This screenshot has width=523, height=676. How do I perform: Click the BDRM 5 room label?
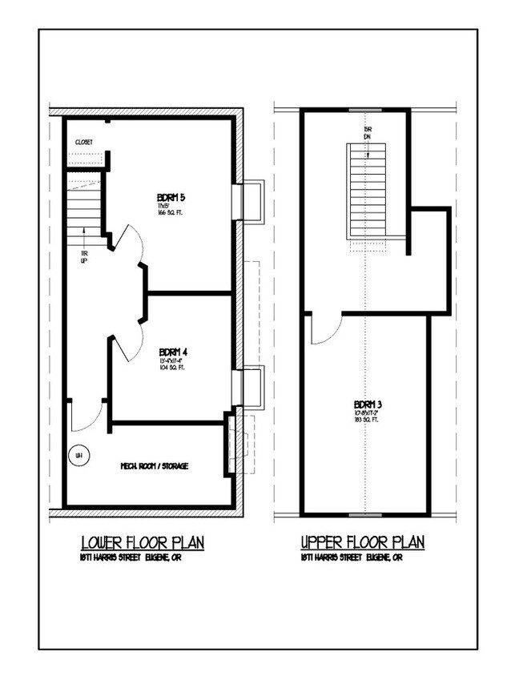(x=172, y=197)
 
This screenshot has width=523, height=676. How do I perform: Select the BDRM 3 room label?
(x=368, y=403)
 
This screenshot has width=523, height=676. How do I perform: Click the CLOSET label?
(x=84, y=142)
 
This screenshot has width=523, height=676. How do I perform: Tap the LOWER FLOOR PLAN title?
(x=143, y=543)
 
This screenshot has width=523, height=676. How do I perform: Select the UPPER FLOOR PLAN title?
(x=362, y=543)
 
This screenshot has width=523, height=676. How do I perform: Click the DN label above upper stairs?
(x=368, y=138)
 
